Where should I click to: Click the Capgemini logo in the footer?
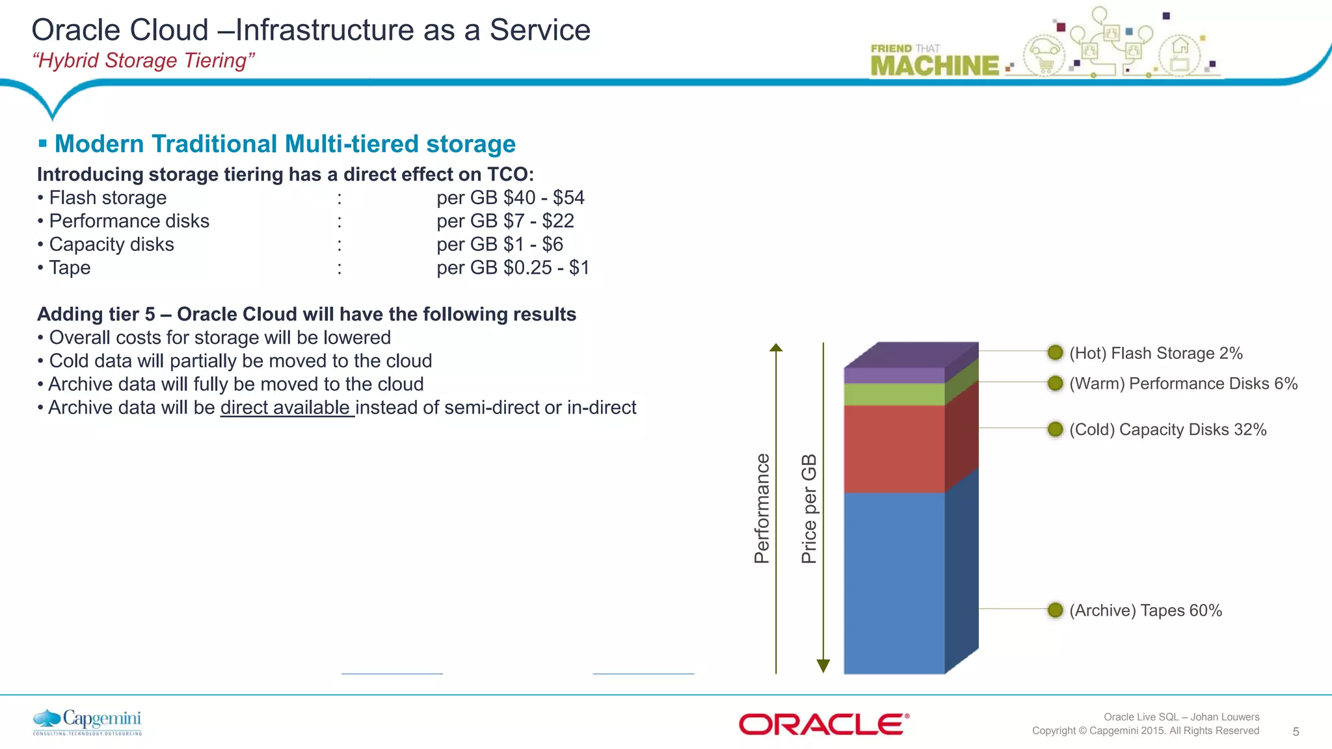[87, 722]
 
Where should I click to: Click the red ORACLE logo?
[823, 724]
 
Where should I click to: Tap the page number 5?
[1296, 731]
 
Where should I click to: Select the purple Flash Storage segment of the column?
[894, 375]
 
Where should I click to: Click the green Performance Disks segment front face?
[894, 394]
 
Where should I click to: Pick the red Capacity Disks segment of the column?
[894, 449]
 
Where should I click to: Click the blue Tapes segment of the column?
[894, 583]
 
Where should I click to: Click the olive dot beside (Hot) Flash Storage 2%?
[1055, 352]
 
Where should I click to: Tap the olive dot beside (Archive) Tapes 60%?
[1055, 610]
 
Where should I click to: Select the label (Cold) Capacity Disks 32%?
[1167, 430]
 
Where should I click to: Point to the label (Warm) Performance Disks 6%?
[1183, 384]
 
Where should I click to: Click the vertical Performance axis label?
[762, 508]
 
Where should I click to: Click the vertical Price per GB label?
[808, 508]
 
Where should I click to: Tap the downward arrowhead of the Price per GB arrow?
[823, 666]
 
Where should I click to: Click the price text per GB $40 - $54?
[511, 198]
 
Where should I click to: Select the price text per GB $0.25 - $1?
[513, 268]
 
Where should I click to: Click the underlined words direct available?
[286, 408]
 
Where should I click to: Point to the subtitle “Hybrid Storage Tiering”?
[143, 60]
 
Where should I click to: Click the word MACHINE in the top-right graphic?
[934, 66]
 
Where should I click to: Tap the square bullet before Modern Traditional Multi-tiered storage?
[43, 143]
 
